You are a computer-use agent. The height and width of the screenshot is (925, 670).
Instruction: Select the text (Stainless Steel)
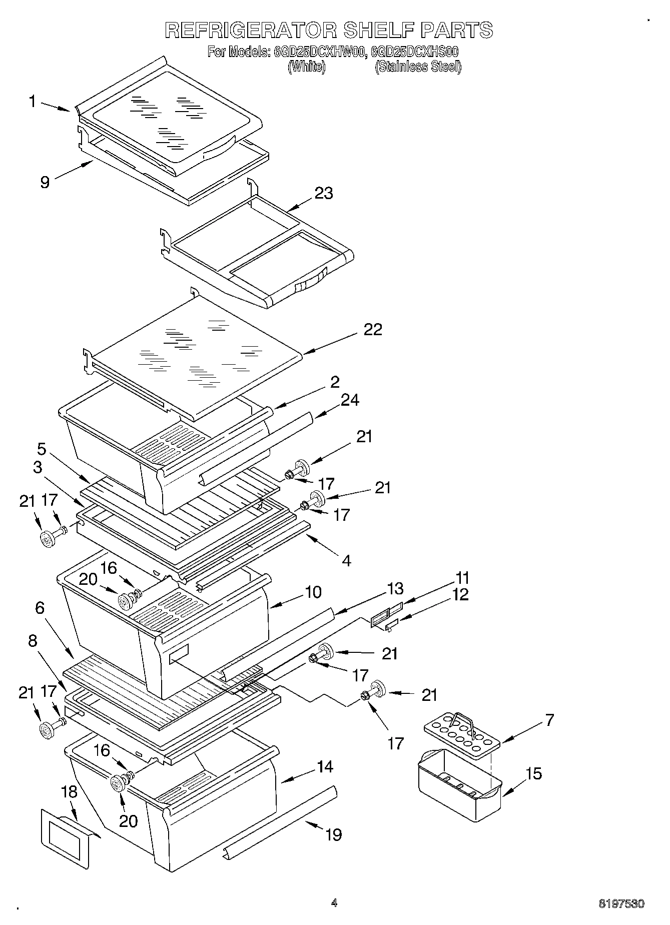418,67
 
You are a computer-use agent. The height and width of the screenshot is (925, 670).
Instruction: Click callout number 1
33,102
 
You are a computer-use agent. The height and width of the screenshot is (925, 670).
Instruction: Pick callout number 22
373,329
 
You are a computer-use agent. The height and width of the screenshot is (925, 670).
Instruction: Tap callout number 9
45,182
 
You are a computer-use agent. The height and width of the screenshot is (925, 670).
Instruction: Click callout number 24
350,400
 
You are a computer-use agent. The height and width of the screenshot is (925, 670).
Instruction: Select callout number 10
313,592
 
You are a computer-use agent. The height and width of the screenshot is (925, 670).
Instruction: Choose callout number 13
395,588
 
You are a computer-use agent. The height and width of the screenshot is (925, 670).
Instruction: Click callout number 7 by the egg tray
549,720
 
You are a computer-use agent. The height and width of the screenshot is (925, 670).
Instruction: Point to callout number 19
334,834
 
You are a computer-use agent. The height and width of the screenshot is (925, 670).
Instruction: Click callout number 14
325,766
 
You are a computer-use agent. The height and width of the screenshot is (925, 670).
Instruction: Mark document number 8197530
621,903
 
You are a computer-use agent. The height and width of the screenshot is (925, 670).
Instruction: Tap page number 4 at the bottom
334,903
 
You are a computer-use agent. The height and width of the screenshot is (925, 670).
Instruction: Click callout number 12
461,594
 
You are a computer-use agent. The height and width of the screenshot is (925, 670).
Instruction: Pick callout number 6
40,608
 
